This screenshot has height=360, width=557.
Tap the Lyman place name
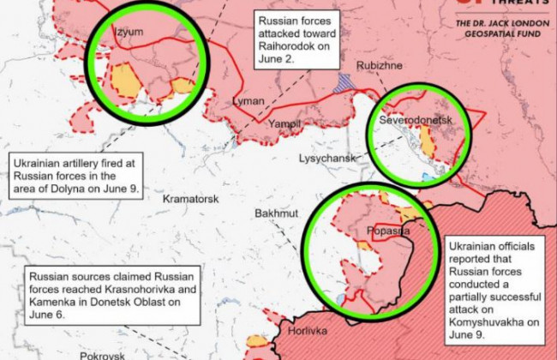click(249, 102)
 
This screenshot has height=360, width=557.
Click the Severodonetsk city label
click(415, 121)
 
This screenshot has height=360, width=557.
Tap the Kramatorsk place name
click(190, 199)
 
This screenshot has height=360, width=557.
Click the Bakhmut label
click(276, 213)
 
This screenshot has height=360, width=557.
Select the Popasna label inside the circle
click(387, 231)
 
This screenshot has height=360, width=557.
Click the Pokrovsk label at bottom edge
click(102, 355)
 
